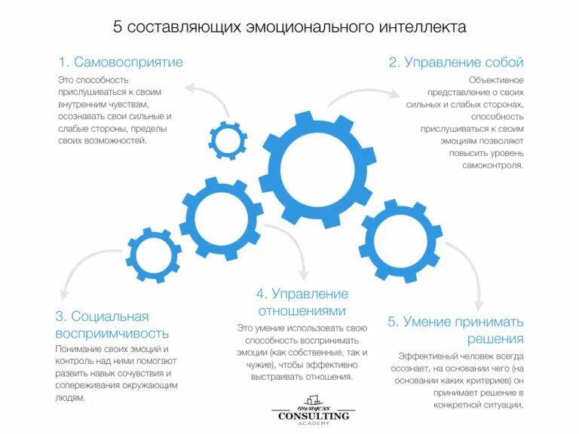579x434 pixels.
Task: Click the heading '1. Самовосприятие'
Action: pos(121,62)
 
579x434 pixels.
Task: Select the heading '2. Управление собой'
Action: pos(455,62)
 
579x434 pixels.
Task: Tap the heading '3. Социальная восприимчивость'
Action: pos(112,325)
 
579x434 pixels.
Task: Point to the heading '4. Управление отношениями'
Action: pos(302,301)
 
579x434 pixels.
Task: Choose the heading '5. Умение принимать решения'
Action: pos(455,330)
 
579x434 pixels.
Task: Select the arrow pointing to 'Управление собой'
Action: pos(362,93)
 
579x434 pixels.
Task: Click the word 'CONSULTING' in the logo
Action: pos(314,415)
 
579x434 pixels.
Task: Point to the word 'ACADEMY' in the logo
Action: pos(314,424)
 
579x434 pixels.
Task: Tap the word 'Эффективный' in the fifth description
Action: pos(425,355)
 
